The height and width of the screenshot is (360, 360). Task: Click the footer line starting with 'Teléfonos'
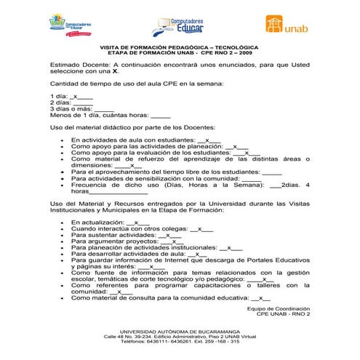(180, 342)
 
